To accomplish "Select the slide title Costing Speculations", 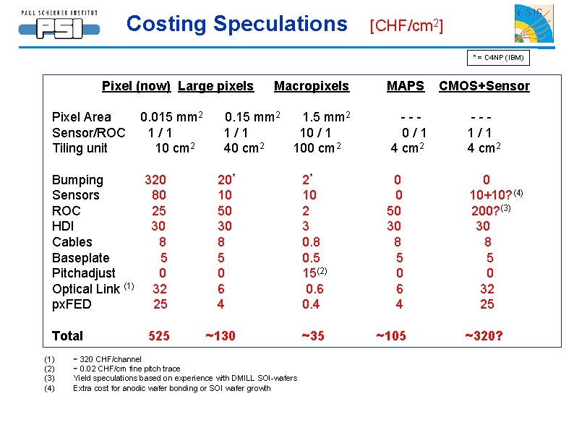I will click(x=236, y=24).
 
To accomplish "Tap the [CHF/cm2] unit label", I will click(x=406, y=26).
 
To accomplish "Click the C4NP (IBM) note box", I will click(x=498, y=57).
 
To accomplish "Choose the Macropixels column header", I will click(x=311, y=86).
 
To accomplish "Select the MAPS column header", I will click(x=405, y=86).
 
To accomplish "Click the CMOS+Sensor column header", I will click(x=484, y=86).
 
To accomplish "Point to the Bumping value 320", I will click(x=155, y=180).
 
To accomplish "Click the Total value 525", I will click(x=159, y=336).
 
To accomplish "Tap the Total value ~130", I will click(x=220, y=336).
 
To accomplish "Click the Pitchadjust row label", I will click(x=83, y=273).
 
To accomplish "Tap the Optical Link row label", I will click(x=87, y=289).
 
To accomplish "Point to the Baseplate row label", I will click(x=80, y=258).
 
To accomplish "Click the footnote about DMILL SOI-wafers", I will click(x=184, y=378).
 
